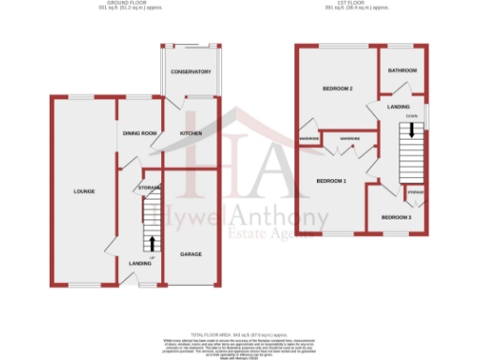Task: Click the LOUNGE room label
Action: pyautogui.click(x=85, y=191)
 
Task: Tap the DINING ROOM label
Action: pyautogui.click(x=140, y=133)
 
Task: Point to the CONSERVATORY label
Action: pyautogui.click(x=190, y=72)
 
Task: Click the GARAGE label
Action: pyautogui.click(x=191, y=254)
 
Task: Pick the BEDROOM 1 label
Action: pyautogui.click(x=331, y=180)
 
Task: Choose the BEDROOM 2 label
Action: pyautogui.click(x=337, y=89)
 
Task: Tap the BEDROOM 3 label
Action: pyautogui.click(x=396, y=218)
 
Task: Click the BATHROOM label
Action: pyautogui.click(x=403, y=71)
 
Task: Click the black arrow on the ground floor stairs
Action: pyautogui.click(x=153, y=244)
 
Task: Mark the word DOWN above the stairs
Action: pyautogui.click(x=412, y=117)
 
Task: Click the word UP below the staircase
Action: pyautogui.click(x=151, y=258)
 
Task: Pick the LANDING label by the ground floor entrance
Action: pyautogui.click(x=140, y=264)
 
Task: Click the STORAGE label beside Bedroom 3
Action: pyautogui.click(x=416, y=191)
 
